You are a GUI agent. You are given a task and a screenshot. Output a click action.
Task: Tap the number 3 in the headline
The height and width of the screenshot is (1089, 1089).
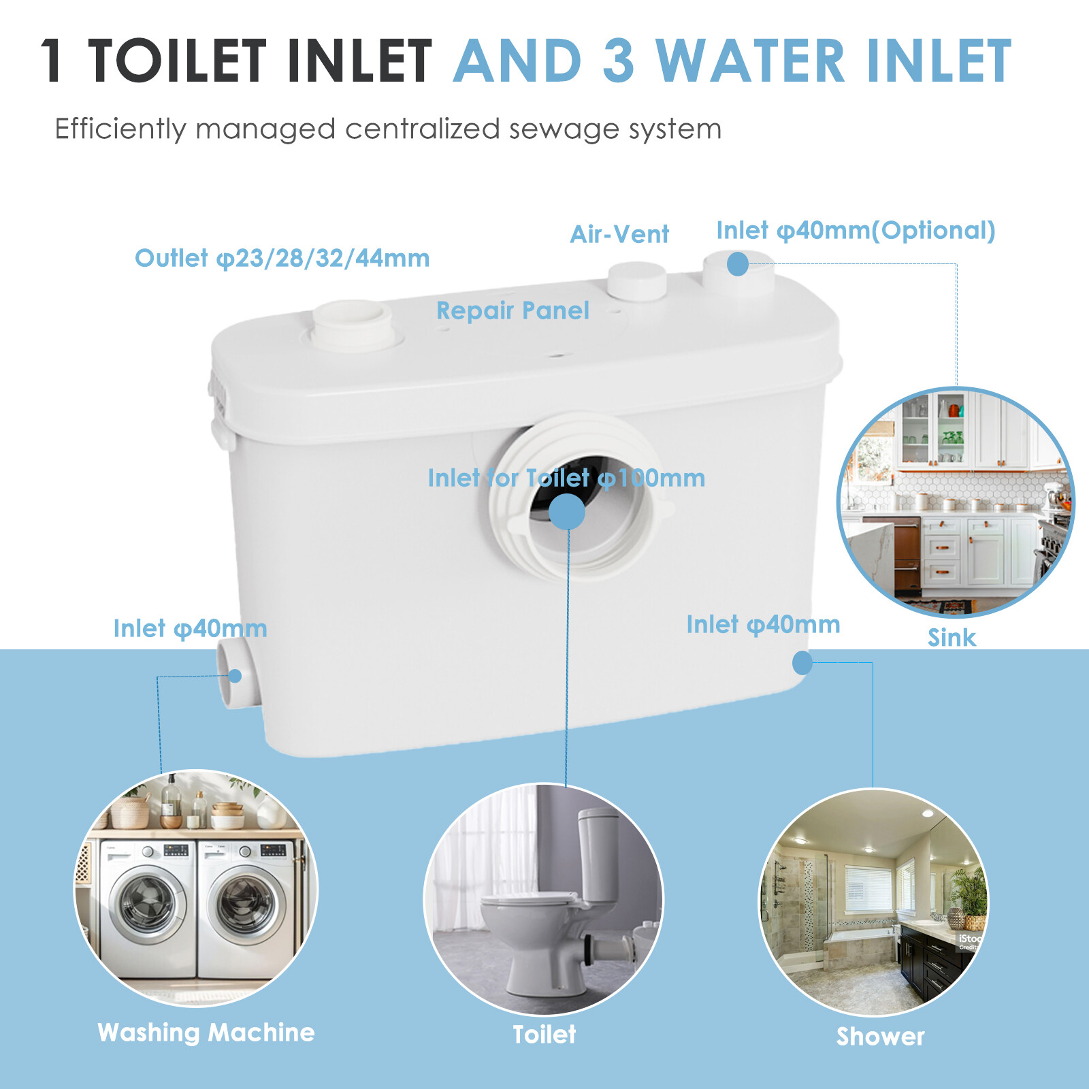point(618,61)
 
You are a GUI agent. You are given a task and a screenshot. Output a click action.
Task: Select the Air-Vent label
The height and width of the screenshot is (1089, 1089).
point(619,235)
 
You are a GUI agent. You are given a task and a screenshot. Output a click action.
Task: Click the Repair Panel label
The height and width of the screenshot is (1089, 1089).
point(513,311)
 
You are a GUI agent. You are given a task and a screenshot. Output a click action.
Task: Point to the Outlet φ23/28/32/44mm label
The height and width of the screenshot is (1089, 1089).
point(282,259)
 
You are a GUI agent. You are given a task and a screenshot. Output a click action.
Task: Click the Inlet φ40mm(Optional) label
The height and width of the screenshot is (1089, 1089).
point(856,231)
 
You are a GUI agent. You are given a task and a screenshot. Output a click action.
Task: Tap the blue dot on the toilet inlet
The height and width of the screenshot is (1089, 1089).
point(566,511)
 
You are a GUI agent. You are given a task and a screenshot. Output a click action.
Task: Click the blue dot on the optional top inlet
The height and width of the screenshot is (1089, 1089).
point(737,263)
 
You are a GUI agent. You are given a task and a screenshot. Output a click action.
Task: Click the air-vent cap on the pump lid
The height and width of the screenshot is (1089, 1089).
point(636,280)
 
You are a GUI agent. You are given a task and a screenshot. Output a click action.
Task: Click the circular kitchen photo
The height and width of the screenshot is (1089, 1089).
point(955,502)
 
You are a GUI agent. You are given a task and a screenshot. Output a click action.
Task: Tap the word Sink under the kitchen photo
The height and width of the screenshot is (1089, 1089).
point(951,638)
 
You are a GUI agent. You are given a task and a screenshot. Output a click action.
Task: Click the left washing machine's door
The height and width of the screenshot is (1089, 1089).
point(147,904)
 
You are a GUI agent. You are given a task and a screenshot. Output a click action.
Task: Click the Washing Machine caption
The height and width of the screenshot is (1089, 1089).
point(206,1033)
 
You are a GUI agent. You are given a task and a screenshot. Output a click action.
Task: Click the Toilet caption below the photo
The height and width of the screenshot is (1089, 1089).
point(544,1035)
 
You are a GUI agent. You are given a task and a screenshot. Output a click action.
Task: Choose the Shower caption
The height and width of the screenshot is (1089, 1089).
point(880,1037)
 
